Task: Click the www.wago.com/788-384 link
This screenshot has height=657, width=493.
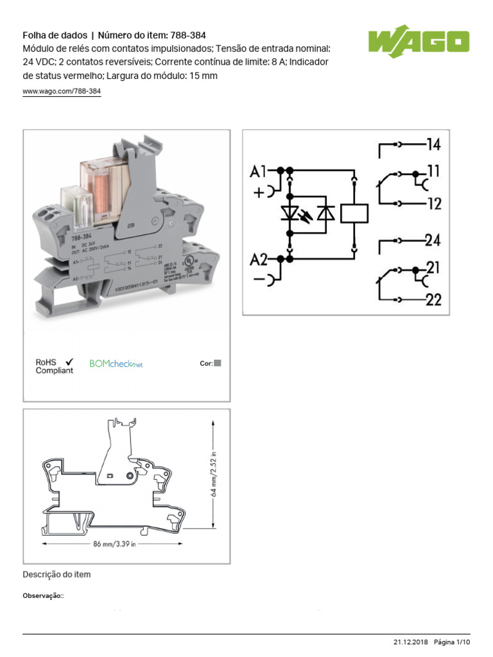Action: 62,92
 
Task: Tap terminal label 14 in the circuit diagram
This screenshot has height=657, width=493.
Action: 434,144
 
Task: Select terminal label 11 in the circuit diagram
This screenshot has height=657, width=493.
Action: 434,173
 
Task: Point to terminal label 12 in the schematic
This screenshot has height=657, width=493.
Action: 435,203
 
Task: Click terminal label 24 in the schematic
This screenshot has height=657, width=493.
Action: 433,241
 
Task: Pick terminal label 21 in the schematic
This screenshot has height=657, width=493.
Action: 433,268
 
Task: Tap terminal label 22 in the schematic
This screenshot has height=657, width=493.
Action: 434,299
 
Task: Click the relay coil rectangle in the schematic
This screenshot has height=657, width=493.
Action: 354,213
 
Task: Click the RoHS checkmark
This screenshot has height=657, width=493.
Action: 69,362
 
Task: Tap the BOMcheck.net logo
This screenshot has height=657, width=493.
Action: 116,364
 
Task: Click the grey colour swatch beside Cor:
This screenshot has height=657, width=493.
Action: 217,363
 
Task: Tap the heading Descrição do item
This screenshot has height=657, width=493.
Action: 56,574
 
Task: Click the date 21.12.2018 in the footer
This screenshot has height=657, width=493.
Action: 410,642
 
